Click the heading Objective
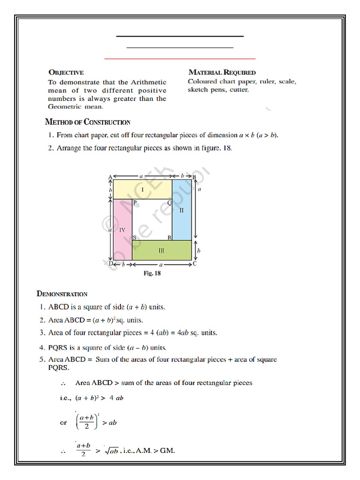tap(66, 73)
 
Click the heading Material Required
tap(222, 73)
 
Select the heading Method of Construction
tap(88, 122)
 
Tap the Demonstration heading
tap(62, 294)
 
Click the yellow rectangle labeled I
tap(142, 189)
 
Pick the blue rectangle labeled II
tap(182, 210)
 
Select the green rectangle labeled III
tap(161, 251)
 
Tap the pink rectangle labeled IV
tap(122, 230)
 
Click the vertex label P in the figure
tap(135, 203)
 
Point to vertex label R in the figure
tap(169, 238)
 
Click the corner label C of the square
tap(195, 264)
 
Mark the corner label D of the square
tap(111, 264)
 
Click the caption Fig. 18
tap(152, 273)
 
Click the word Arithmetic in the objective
tap(149, 82)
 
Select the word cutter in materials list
tap(239, 90)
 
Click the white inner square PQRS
tap(152, 220)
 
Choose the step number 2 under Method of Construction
tap(50, 148)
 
